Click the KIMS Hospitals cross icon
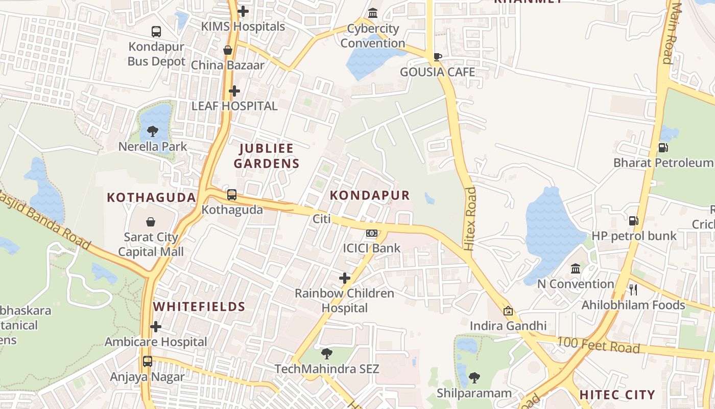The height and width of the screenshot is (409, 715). [243, 11]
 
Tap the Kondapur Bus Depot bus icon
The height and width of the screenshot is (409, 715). [156, 32]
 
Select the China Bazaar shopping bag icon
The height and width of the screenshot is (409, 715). [228, 50]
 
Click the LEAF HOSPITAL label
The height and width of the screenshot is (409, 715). [234, 106]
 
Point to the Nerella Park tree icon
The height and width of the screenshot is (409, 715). [152, 131]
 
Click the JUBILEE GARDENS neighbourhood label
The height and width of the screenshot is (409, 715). [269, 156]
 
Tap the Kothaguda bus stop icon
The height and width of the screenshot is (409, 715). [232, 195]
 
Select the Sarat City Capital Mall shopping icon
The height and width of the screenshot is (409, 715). [151, 222]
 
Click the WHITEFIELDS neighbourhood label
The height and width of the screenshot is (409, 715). [200, 307]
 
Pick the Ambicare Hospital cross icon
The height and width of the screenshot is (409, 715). [156, 327]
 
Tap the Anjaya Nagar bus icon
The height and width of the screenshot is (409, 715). [148, 361]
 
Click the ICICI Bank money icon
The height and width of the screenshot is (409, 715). [372, 234]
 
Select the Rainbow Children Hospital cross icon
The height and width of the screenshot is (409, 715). [345, 278]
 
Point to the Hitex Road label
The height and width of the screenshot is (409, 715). [470, 218]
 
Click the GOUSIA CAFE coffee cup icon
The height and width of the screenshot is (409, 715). [438, 57]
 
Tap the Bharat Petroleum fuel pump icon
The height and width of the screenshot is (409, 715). [663, 148]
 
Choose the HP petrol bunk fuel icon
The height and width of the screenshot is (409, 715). [633, 221]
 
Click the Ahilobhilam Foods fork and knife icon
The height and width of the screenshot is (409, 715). [633, 290]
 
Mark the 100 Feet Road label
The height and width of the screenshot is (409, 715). [598, 345]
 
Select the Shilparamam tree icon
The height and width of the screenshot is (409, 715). [474, 378]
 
